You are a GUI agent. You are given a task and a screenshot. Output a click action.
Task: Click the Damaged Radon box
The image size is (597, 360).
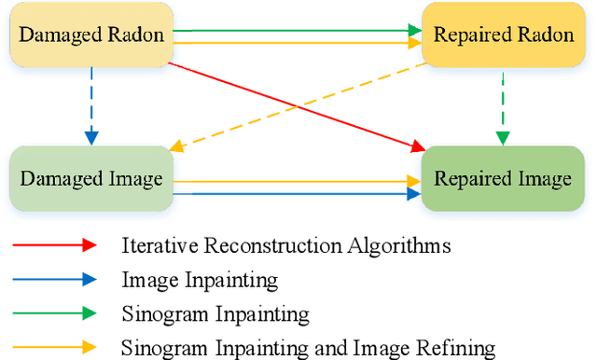(x=91, y=35)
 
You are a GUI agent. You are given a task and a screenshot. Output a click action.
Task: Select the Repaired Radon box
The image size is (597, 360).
(x=503, y=35)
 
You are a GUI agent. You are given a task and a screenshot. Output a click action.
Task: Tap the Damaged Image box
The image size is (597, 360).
(x=91, y=177)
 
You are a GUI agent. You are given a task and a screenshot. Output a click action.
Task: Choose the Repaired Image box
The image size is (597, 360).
(x=503, y=177)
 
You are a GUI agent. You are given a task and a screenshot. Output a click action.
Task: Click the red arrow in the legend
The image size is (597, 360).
(x=53, y=245)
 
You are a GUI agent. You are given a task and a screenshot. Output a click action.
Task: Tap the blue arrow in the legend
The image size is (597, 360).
(x=53, y=279)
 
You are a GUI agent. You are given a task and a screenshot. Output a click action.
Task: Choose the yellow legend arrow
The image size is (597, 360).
(x=53, y=348)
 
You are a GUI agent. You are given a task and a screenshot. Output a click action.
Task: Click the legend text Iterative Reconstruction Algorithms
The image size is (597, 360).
(x=286, y=246)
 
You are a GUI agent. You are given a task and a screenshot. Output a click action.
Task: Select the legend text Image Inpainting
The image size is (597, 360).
(x=199, y=280)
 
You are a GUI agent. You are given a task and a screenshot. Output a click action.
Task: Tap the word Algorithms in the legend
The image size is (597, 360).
(x=405, y=246)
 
